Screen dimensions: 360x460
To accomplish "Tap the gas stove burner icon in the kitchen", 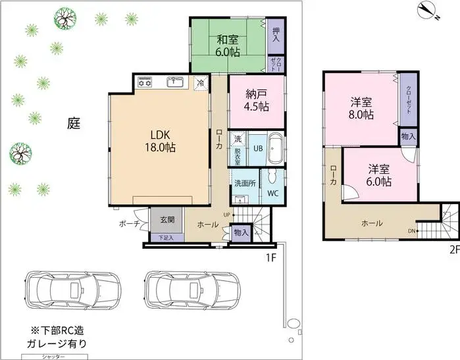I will point(145,82).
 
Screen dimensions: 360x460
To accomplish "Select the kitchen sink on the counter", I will point(174,82).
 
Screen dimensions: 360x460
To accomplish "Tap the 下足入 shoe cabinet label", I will point(166,237).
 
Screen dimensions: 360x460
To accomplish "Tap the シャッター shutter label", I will point(53,356).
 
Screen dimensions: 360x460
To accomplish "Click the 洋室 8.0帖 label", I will point(361,108).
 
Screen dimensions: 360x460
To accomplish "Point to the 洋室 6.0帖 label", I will point(379,175).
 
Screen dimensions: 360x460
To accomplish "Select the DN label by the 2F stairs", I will point(411,231).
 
